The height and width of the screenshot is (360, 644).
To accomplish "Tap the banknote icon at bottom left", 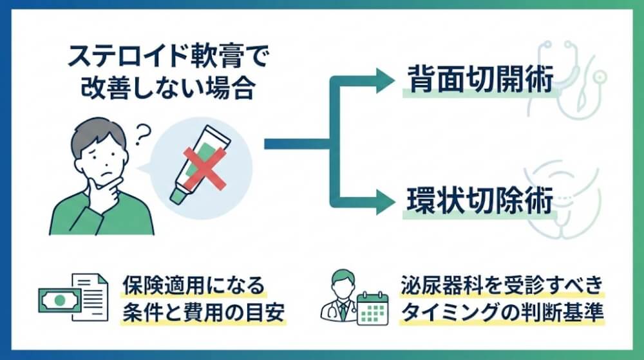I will pos(59,300).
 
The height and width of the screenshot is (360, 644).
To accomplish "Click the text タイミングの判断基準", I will pos(501,313).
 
